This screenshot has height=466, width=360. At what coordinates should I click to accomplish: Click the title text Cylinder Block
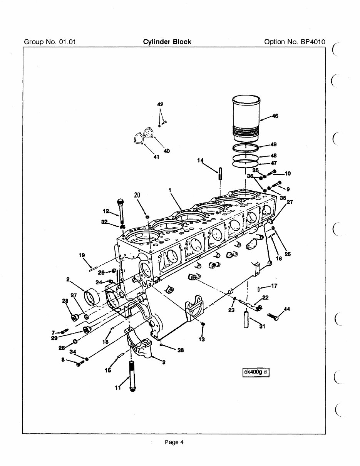[x=167, y=42]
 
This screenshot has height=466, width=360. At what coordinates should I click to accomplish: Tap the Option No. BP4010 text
[x=295, y=42]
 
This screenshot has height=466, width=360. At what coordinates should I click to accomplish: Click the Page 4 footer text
[x=174, y=442]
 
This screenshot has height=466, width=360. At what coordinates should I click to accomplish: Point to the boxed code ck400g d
[x=255, y=372]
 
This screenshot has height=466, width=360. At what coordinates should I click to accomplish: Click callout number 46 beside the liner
[x=275, y=116]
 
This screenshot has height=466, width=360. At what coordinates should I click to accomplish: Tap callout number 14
[x=200, y=160]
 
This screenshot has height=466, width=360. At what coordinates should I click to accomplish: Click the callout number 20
[x=137, y=195]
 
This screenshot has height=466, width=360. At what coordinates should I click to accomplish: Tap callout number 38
[x=180, y=350]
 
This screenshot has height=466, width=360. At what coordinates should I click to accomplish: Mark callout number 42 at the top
[x=161, y=104]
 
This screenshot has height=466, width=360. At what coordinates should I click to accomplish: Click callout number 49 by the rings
[x=273, y=145]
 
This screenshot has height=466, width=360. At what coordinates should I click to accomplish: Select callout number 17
[x=274, y=286]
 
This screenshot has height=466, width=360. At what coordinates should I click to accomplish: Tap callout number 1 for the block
[x=169, y=190]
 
